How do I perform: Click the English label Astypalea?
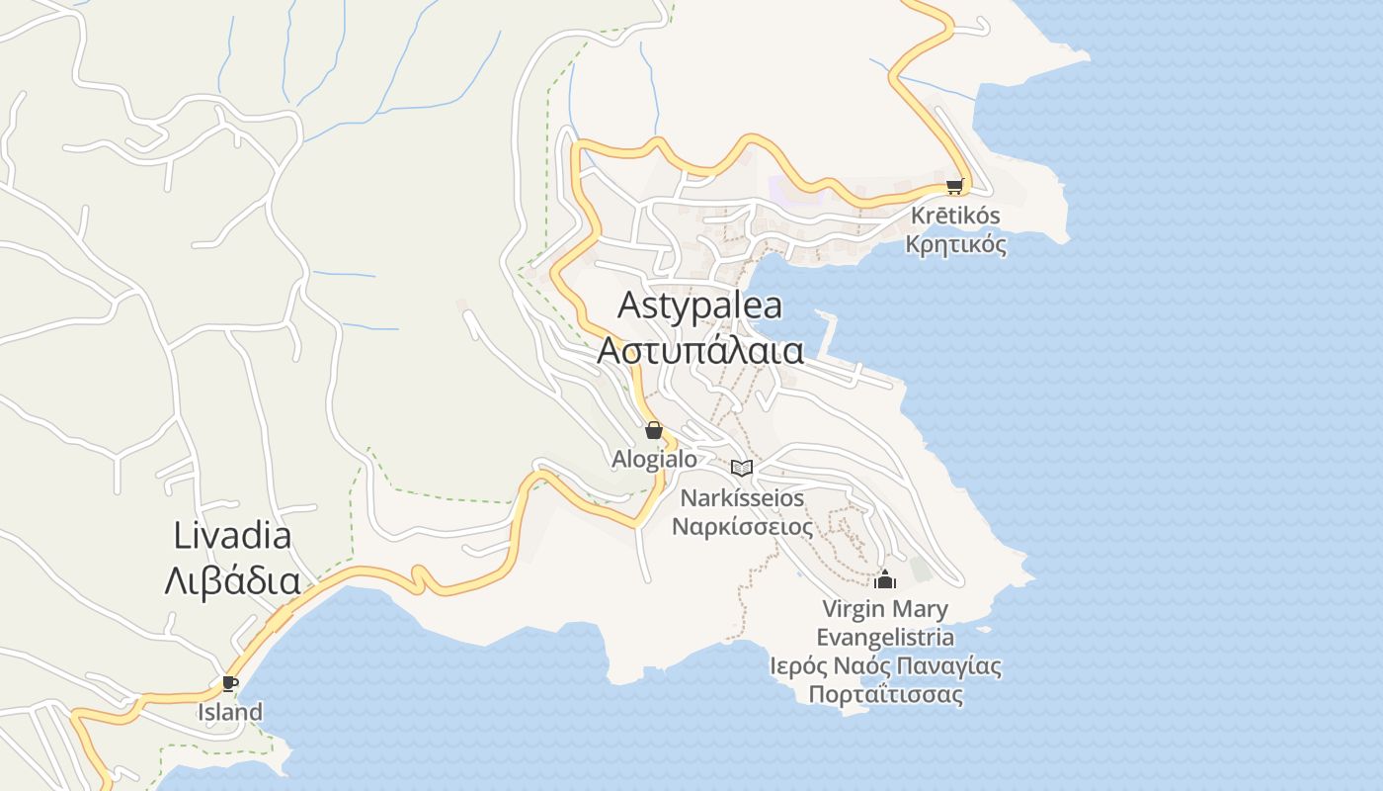click(x=699, y=305)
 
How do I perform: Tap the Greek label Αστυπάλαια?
click(x=699, y=349)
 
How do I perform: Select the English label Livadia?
click(x=232, y=536)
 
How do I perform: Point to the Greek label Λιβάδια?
click(x=232, y=580)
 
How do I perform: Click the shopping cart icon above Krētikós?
click(x=954, y=186)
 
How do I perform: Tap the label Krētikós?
click(x=955, y=216)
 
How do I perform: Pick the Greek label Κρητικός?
click(x=955, y=243)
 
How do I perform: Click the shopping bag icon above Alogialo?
click(x=653, y=430)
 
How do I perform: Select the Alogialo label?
click(x=653, y=459)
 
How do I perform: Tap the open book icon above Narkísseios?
click(x=742, y=468)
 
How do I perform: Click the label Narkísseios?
click(x=742, y=497)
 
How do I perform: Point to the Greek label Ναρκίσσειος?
click(x=742, y=526)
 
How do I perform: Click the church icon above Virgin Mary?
click(x=885, y=579)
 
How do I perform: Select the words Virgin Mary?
click(x=885, y=609)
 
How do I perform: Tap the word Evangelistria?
click(x=885, y=637)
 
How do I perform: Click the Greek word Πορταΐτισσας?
click(x=885, y=694)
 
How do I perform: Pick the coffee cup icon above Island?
click(x=230, y=683)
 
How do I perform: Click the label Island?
click(x=230, y=712)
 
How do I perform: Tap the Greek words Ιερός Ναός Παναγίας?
click(x=885, y=665)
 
